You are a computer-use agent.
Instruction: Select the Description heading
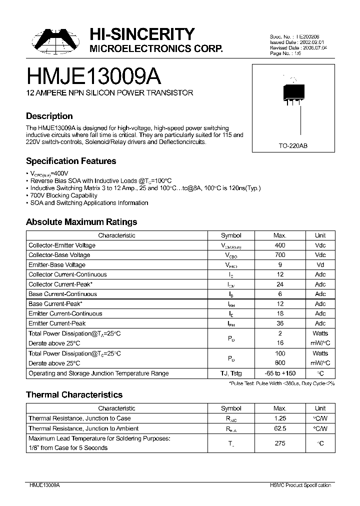pyautogui.click(x=49, y=116)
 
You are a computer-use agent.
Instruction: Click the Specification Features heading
pyautogui.click(x=71, y=161)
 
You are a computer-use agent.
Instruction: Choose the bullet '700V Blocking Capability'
pyautogui.click(x=63, y=195)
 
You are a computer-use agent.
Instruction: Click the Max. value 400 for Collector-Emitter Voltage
pyautogui.click(x=280, y=245)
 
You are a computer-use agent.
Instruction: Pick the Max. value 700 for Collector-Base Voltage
pyautogui.click(x=280, y=255)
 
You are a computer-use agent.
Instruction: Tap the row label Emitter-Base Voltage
pyautogui.click(x=57, y=265)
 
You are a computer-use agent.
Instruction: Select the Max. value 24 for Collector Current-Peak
pyautogui.click(x=280, y=284)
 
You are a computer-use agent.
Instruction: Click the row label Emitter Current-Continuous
pyautogui.click(x=65, y=313)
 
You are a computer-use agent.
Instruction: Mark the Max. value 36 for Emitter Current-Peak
pyautogui.click(x=280, y=323)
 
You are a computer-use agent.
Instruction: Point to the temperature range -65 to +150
pyautogui.click(x=280, y=373)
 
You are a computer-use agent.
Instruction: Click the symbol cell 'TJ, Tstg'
pyautogui.click(x=231, y=373)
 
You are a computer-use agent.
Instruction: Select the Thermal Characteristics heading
pyautogui.click(x=74, y=395)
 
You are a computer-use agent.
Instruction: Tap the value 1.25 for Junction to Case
pyautogui.click(x=280, y=418)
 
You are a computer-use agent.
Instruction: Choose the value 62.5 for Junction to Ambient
pyautogui.click(x=280, y=428)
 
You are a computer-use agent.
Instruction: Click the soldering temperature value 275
pyautogui.click(x=280, y=443)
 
